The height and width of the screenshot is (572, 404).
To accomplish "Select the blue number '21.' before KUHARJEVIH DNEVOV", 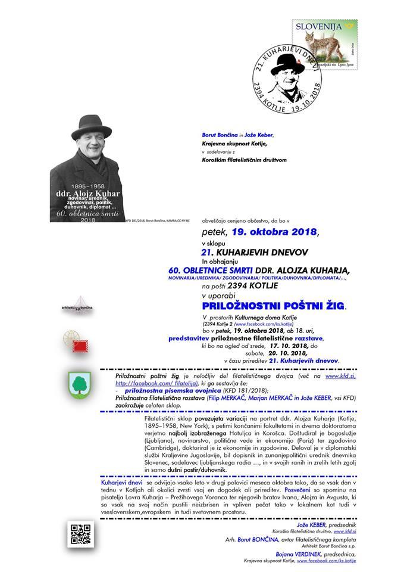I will point(208,253).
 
